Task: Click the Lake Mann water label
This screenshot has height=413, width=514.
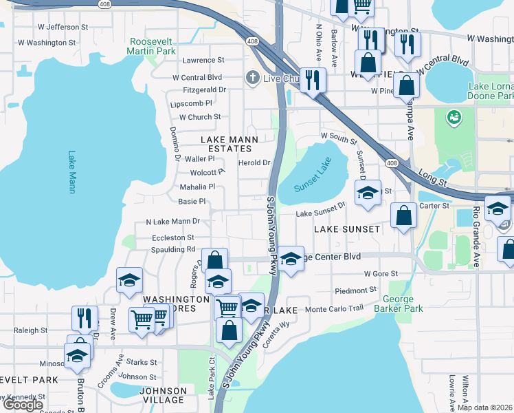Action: (71, 172)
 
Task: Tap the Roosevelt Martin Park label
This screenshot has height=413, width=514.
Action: (152, 46)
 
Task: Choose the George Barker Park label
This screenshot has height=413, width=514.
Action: (398, 304)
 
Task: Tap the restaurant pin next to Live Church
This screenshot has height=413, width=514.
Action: (312, 80)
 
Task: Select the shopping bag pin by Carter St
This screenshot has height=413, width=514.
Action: (404, 215)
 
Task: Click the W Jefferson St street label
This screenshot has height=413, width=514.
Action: (63, 27)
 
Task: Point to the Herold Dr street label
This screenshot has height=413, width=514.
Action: (254, 163)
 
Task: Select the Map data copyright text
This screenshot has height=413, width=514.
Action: (485, 407)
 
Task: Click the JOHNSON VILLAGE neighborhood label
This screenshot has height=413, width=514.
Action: (162, 395)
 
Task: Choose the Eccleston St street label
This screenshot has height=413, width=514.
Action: (160, 237)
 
